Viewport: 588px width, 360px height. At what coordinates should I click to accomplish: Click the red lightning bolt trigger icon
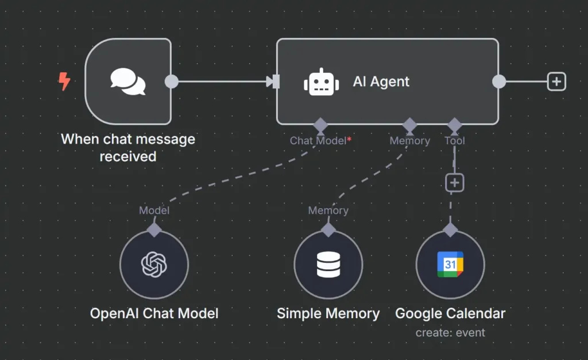(64, 82)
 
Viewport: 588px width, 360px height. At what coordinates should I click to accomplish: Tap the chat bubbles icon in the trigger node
(128, 82)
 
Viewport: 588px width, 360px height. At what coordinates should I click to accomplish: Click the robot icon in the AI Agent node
(321, 82)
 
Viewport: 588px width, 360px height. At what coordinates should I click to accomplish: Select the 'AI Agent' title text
(381, 82)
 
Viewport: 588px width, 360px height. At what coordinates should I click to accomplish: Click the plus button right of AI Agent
(556, 82)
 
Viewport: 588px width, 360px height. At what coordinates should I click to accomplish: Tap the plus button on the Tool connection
(455, 183)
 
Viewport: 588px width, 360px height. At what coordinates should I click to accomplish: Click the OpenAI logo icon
(154, 265)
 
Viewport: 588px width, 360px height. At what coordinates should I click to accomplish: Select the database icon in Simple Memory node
(328, 265)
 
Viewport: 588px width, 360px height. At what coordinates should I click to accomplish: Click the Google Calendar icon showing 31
(450, 265)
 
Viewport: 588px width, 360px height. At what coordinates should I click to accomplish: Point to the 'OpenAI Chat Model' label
(154, 313)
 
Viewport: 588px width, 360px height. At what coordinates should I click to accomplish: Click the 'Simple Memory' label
(328, 313)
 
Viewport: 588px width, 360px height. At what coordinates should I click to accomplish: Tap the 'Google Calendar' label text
(450, 313)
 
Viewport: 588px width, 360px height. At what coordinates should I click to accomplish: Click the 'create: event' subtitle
(450, 332)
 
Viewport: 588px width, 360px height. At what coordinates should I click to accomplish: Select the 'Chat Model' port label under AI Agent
(318, 141)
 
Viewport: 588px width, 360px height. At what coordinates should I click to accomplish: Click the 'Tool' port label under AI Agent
(455, 141)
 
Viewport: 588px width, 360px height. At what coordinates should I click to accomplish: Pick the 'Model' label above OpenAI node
(154, 211)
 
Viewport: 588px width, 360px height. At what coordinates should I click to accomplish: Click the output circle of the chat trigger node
(171, 82)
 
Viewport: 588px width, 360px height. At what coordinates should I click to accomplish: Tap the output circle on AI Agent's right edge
(499, 82)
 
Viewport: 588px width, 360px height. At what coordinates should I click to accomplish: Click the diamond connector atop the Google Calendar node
(450, 230)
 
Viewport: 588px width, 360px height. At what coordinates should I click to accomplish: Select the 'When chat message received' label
(128, 148)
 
